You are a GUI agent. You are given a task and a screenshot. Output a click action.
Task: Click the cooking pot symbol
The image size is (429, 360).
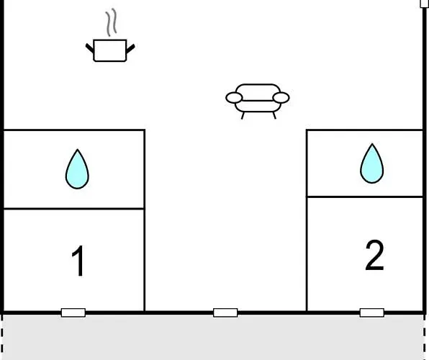coord(110,50)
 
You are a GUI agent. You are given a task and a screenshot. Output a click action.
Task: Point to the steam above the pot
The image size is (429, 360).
coord(112,22)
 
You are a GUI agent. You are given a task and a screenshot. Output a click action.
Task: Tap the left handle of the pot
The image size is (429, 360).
coord(90,48)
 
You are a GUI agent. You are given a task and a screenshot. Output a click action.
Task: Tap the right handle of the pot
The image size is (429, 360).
coord(130,49)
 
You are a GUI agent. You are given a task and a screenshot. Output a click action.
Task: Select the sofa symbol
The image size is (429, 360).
coord(258,102)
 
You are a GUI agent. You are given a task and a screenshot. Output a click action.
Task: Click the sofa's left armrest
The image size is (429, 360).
coord(234,98)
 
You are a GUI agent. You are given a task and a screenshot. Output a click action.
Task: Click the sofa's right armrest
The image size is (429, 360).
coord(281,98)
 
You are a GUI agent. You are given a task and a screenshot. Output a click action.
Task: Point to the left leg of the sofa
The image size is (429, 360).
coord(243,115)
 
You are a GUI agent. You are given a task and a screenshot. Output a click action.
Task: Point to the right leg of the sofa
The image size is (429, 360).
coord(274,115)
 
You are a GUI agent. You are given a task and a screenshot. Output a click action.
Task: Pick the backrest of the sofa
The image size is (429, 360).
coord(258,92)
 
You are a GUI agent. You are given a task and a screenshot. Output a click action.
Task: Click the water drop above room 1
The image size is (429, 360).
coord(77,169)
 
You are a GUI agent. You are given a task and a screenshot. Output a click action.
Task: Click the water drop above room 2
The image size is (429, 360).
coord(372,163)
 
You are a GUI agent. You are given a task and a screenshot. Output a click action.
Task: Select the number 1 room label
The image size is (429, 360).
coord(78,261)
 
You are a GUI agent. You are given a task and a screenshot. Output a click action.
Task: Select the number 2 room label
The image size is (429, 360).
coord(374,255)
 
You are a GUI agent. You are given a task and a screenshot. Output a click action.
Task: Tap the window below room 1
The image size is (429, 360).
coord(73,312)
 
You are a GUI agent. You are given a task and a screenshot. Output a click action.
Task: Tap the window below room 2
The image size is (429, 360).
coord(372,312)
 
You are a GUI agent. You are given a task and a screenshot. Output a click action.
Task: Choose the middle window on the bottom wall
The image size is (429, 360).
coord(225,312)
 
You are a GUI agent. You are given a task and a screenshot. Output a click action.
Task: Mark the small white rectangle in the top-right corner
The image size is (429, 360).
coord(425,4)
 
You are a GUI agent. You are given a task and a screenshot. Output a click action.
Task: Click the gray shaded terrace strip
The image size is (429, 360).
coord(213,337)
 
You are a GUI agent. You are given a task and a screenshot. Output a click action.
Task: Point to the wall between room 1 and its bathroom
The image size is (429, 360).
coord(74,209)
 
